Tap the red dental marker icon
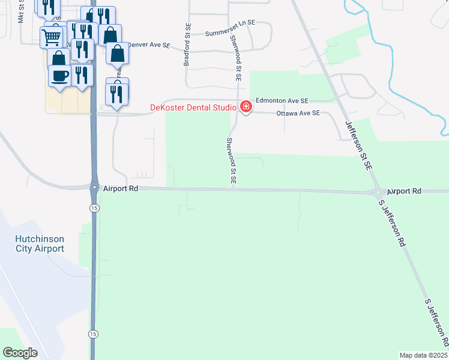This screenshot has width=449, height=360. click(x=246, y=107)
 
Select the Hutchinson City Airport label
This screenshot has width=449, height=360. click(x=40, y=244)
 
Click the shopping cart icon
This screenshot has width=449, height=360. click(x=52, y=37)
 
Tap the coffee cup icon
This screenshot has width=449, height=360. click(x=59, y=76)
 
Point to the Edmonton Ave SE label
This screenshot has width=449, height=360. click(x=282, y=101)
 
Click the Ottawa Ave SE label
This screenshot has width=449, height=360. click(x=298, y=113)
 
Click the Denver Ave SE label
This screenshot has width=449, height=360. click(x=150, y=46)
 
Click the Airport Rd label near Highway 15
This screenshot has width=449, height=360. click(x=121, y=188)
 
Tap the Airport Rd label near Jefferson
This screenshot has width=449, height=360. click(x=404, y=191)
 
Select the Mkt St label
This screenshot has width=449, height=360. click(x=21, y=12)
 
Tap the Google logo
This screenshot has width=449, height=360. click(x=20, y=353)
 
